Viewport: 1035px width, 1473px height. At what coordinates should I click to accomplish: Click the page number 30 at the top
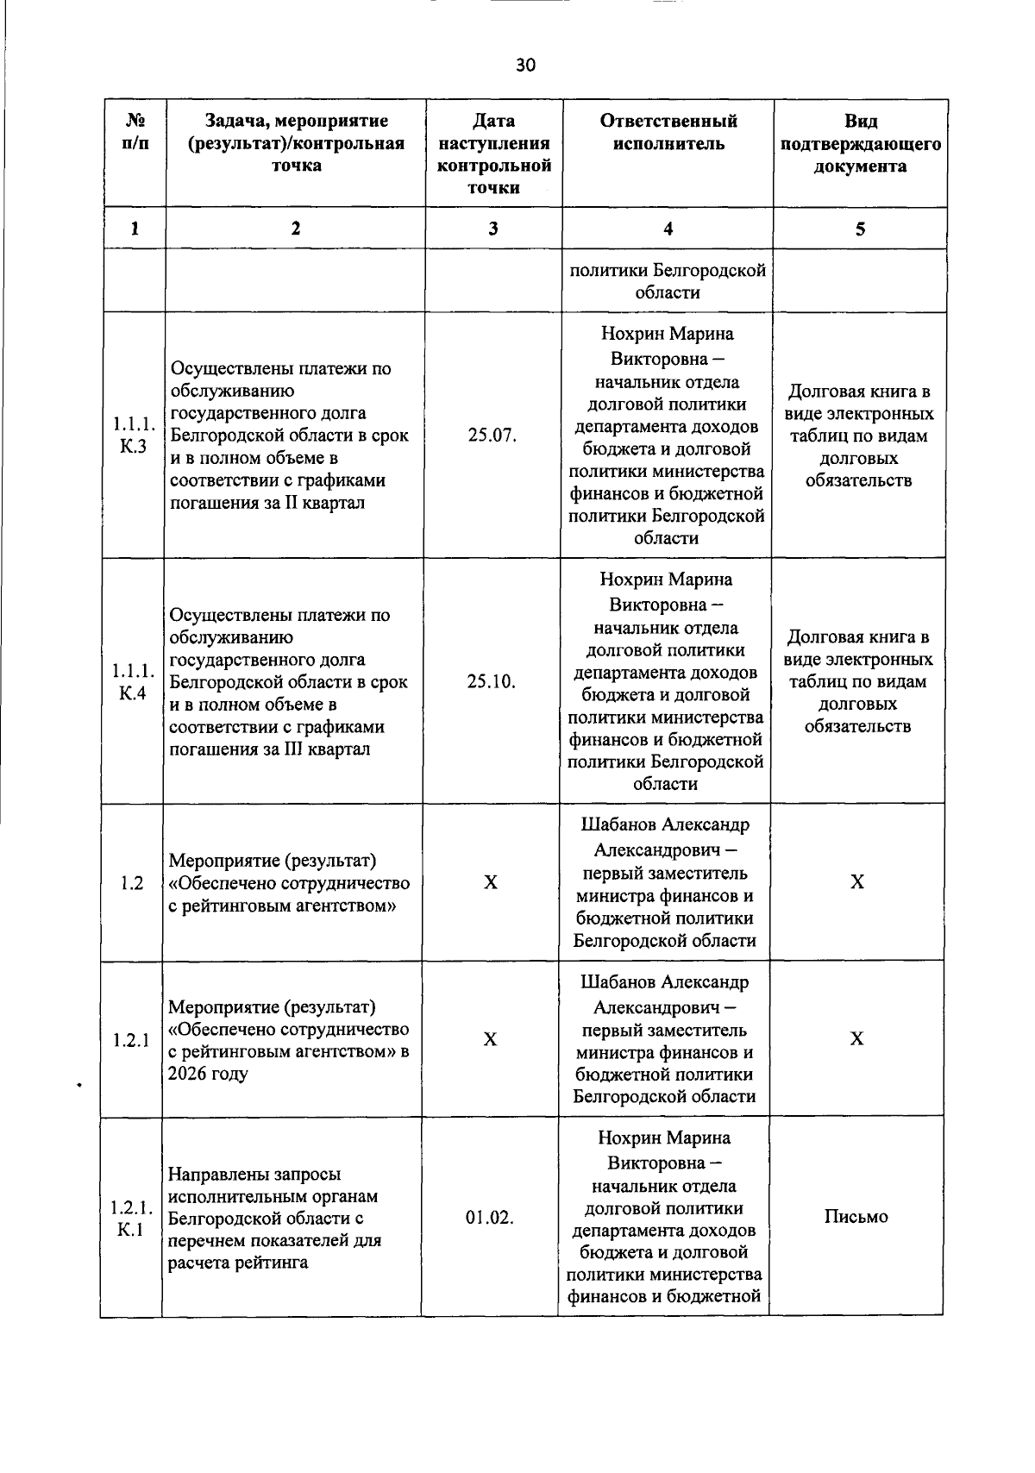[525, 66]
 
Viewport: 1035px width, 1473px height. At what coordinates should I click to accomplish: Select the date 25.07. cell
[492, 436]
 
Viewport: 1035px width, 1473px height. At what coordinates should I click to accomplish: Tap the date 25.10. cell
[492, 681]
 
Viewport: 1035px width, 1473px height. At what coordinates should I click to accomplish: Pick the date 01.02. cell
[490, 1218]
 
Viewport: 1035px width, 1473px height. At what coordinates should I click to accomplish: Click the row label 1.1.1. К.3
[134, 436]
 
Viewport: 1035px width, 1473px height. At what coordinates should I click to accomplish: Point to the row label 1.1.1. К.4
[134, 681]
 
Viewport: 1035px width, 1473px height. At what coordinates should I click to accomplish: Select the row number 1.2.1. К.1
[132, 1218]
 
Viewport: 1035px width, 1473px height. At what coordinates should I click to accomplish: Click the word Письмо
[856, 1217]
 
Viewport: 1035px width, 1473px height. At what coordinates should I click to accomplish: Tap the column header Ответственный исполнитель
[668, 132]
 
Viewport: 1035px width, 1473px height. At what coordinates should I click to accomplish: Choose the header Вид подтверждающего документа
[860, 143]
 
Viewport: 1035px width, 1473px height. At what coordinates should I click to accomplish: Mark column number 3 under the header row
[492, 229]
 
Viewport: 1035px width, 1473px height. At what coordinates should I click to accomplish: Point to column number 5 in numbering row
[860, 229]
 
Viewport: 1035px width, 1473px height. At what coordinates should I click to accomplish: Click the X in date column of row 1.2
[491, 883]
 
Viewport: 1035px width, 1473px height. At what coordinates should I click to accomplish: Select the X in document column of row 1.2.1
[856, 1039]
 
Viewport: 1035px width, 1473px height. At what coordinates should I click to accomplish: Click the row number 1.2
[132, 883]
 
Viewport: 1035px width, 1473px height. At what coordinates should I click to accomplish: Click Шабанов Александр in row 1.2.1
[664, 982]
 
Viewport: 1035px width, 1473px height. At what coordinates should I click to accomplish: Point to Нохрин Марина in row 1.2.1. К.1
[664, 1138]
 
